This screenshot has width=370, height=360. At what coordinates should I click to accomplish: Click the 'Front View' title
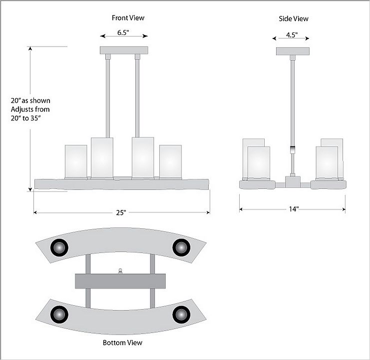pyautogui.click(x=128, y=18)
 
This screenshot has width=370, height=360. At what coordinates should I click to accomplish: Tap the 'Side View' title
pyautogui.click(x=294, y=18)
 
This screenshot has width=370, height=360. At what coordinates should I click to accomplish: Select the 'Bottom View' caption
pyautogui.click(x=122, y=342)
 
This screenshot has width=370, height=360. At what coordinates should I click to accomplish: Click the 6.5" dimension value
pyautogui.click(x=123, y=32)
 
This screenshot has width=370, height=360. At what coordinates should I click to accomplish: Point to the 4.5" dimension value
pyautogui.click(x=292, y=35)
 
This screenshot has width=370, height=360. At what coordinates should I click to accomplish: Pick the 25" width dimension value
pyautogui.click(x=121, y=212)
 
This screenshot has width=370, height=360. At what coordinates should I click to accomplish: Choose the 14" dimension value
pyautogui.click(x=294, y=209)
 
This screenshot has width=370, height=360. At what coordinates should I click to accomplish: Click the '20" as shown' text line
pyautogui.click(x=30, y=100)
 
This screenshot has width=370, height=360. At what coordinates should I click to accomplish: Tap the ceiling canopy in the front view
pyautogui.click(x=124, y=50)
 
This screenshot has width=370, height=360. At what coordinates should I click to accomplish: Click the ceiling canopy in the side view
pyautogui.click(x=293, y=51)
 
